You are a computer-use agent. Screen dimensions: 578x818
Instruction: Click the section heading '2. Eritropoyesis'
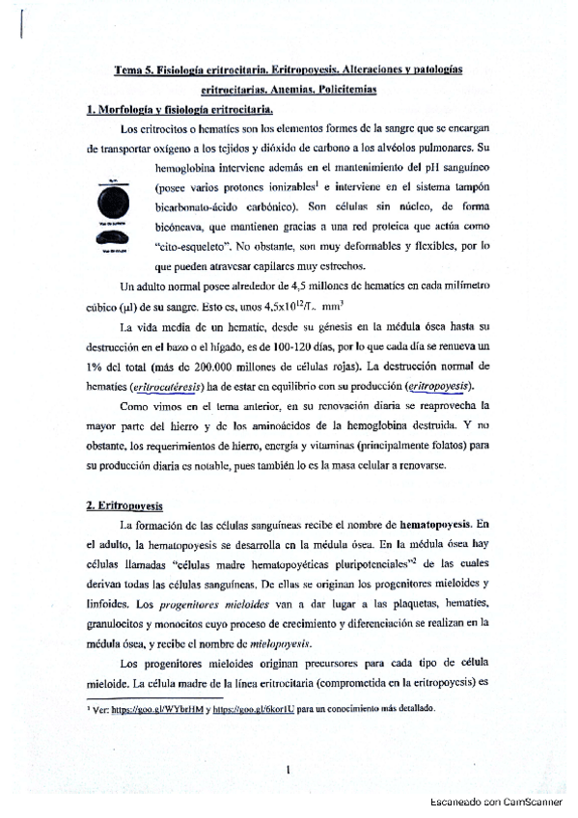pyautogui.click(x=125, y=504)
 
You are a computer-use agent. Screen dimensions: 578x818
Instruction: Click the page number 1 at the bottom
pyautogui.click(x=289, y=767)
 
